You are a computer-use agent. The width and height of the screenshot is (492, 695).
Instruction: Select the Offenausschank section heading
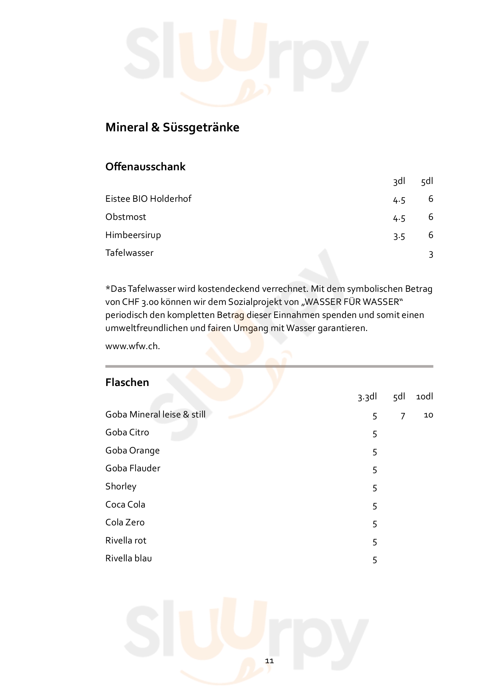click(145, 167)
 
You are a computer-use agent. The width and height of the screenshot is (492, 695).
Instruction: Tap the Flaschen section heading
click(127, 382)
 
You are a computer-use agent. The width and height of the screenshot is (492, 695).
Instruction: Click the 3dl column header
click(399, 181)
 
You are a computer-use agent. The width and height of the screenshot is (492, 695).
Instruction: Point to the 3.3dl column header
click(367, 397)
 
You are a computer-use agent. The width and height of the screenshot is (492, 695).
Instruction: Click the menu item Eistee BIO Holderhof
click(148, 199)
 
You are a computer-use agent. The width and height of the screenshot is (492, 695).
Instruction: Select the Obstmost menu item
click(126, 217)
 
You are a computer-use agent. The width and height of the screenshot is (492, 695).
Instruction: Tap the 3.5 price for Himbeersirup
click(399, 236)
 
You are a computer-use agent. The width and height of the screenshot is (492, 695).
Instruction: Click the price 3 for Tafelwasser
click(431, 254)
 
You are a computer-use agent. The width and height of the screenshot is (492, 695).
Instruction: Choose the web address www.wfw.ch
click(132, 346)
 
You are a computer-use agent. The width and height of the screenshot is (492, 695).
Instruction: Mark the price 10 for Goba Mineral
click(428, 415)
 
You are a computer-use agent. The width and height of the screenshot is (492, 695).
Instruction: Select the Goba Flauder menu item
click(133, 468)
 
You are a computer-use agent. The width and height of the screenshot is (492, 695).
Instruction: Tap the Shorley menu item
click(120, 486)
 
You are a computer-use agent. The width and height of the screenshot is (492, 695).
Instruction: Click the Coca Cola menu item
click(125, 504)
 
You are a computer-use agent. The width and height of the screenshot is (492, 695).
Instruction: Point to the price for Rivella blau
click(375, 560)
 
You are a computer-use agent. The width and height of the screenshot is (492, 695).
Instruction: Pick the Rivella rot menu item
click(126, 540)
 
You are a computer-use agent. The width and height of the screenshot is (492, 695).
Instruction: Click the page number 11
click(269, 661)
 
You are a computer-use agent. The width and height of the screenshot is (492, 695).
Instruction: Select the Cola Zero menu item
click(125, 522)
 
